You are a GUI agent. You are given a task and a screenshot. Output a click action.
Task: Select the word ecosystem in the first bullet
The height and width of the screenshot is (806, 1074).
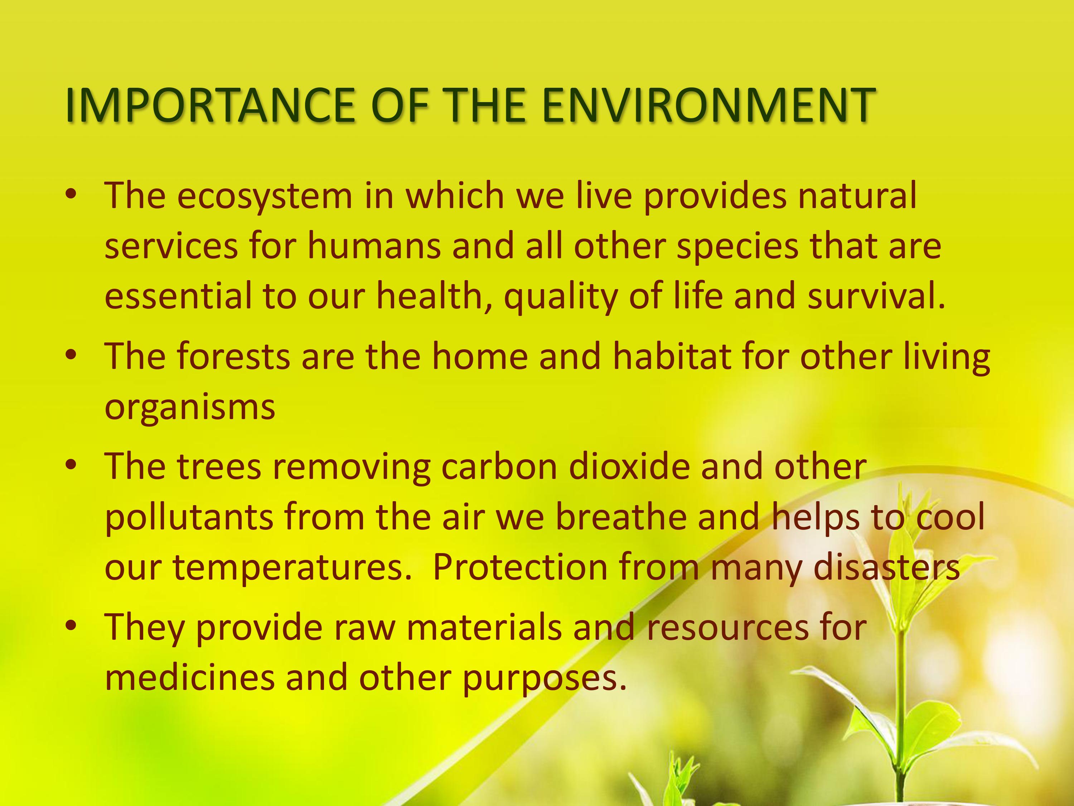pos(265,196)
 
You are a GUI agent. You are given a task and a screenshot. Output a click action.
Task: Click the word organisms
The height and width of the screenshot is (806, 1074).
pos(190,408)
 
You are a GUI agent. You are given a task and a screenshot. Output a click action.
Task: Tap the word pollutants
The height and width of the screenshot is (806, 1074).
pos(189,518)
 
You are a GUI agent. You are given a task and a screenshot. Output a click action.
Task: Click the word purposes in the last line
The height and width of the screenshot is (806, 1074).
pos(544,679)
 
